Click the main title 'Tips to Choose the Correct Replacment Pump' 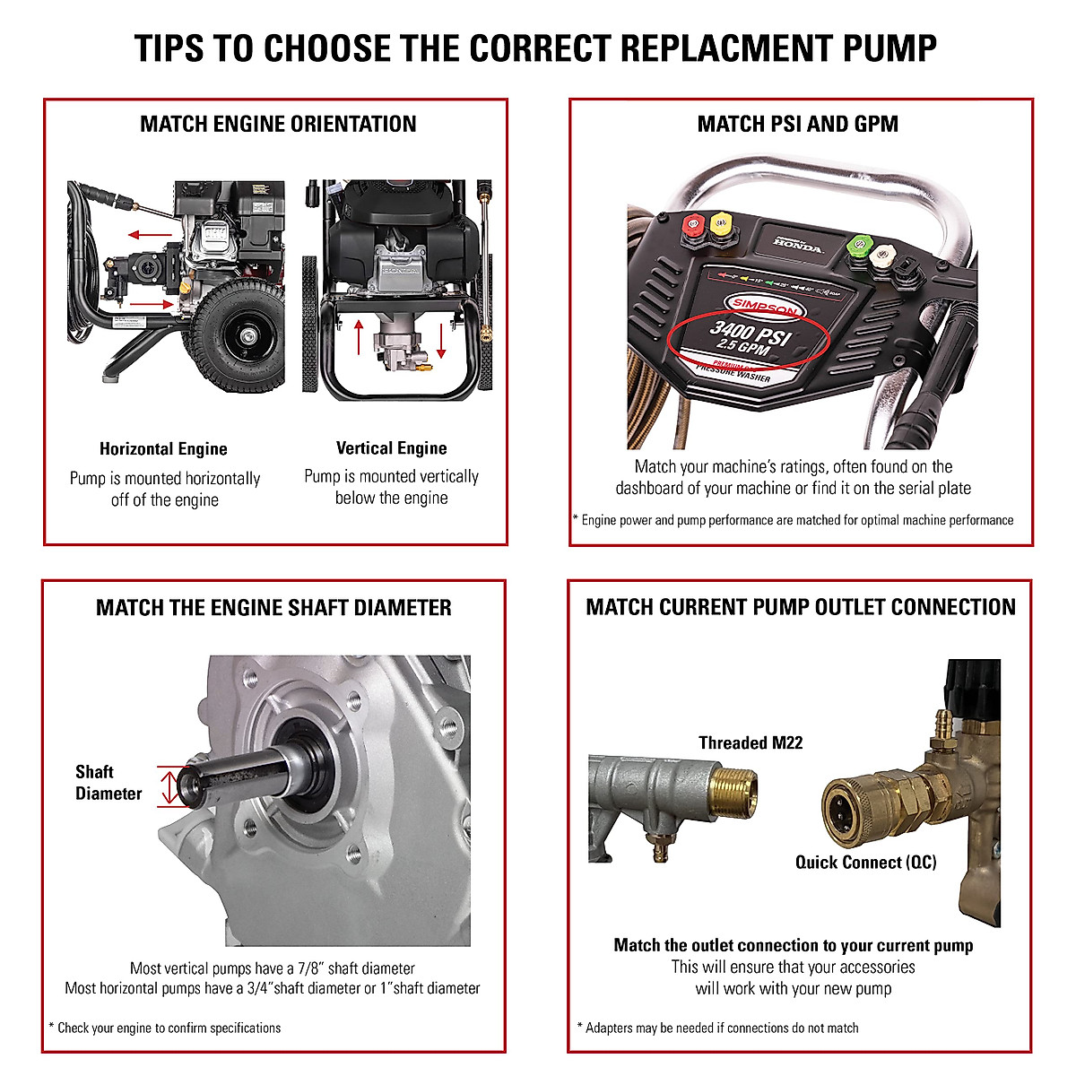(536, 48)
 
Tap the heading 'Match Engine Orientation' (278, 125)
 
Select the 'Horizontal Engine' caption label (163, 449)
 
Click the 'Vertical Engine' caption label (391, 448)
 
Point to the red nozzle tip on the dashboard (692, 224)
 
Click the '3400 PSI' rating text (750, 333)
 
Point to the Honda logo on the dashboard (797, 244)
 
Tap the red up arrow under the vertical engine (360, 337)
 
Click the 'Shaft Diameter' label (108, 783)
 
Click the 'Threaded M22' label (751, 743)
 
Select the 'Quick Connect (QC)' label (865, 863)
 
